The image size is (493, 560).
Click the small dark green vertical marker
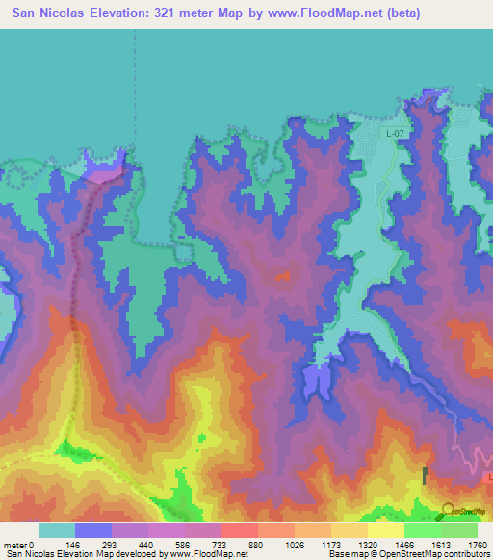[425, 474]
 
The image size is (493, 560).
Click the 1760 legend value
[478, 544]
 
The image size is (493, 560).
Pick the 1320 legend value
[358, 544]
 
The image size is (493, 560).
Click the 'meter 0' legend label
[18, 544]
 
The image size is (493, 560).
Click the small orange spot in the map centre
[283, 276]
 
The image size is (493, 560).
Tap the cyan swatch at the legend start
[56, 530]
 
